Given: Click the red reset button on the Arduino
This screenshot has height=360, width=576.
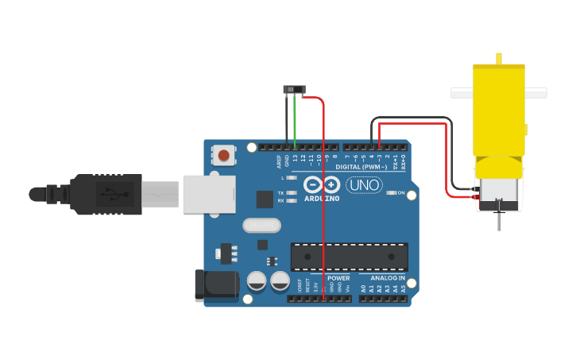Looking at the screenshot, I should (225, 155).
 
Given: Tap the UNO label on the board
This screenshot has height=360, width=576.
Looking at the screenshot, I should (364, 185).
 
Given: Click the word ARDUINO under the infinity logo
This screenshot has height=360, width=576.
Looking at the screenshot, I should (321, 198).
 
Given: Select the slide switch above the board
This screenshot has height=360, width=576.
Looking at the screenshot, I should (296, 89).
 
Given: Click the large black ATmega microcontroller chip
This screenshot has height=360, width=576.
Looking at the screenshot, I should (349, 257).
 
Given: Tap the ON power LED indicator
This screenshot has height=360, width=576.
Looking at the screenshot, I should (391, 193).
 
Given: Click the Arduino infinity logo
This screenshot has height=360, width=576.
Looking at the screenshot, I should (321, 185).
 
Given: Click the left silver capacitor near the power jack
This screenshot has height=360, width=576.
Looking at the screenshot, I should (257, 281).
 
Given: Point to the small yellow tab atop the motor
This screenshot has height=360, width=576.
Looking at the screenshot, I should (498, 58).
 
